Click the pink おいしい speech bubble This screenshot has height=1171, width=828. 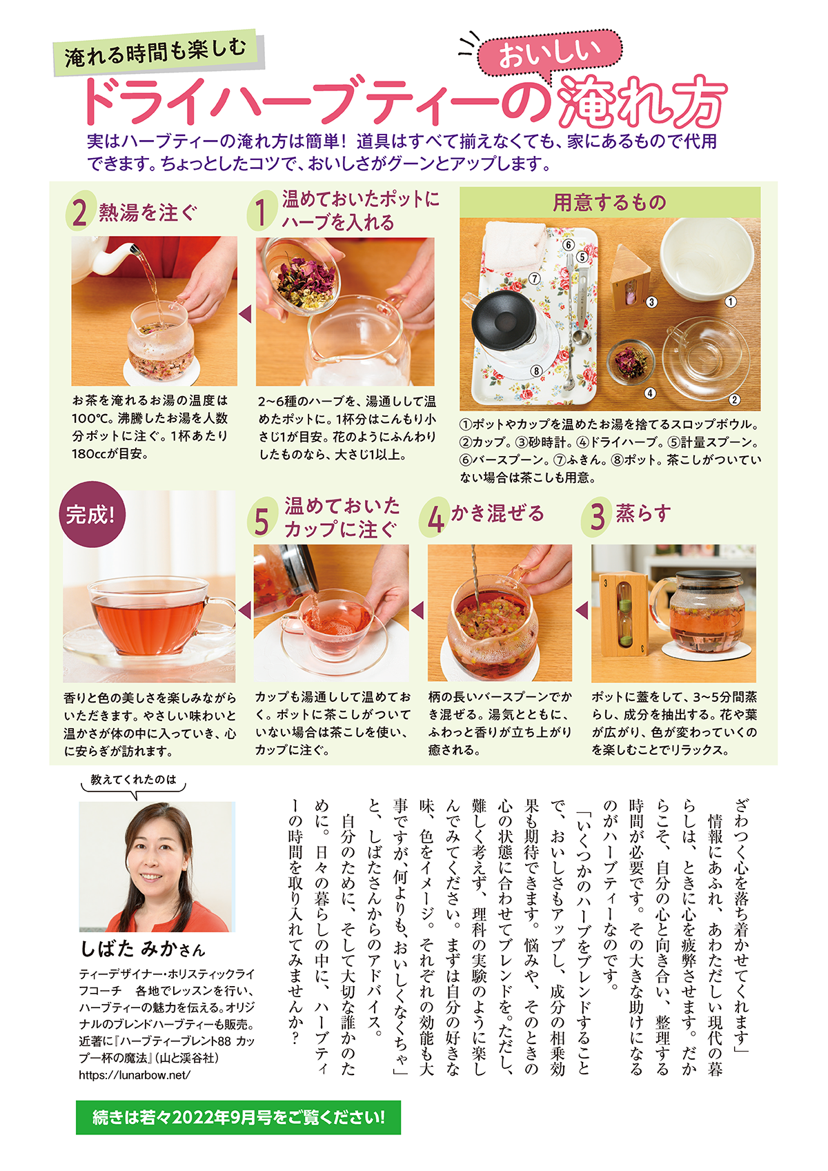point(549,55)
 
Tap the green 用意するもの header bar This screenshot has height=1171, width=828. point(609,202)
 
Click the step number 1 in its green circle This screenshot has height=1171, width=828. point(262,211)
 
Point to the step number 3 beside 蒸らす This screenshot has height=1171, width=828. point(596,516)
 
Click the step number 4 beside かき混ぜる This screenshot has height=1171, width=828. point(435,516)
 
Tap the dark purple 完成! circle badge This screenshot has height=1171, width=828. point(92,514)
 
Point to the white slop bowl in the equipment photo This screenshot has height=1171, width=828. point(707,259)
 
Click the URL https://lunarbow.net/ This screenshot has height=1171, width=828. point(135,1075)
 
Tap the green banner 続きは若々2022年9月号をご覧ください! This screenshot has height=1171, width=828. point(238,1117)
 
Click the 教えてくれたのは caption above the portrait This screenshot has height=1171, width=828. point(133,780)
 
